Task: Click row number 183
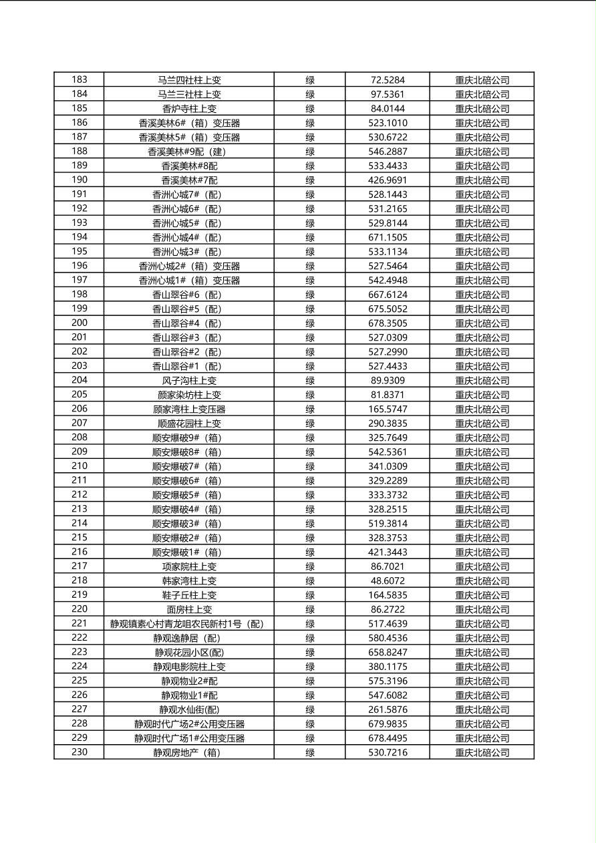[79, 79]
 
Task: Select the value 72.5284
[388, 80]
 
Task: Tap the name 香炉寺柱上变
[189, 108]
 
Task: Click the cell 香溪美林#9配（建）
[189, 152]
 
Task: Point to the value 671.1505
[388, 237]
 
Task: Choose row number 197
[79, 280]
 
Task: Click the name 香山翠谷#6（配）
[189, 295]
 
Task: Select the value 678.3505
[388, 323]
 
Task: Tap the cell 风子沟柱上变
[189, 381]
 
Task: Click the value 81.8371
[388, 395]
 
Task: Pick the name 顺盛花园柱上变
[189, 424]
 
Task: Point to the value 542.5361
[388, 452]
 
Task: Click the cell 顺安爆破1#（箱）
[189, 552]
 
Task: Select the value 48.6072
[388, 581]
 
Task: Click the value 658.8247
[388, 653]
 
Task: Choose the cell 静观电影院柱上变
[189, 667]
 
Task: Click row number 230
[79, 752]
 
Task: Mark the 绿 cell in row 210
[310, 466]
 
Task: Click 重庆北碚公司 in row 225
[482, 681]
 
